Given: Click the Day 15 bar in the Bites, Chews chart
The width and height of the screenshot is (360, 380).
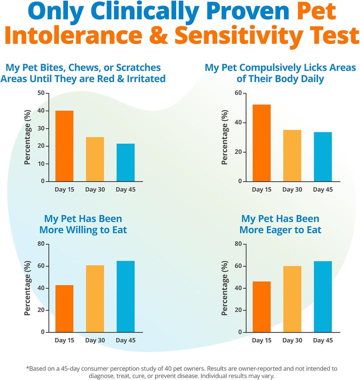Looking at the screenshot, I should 64,146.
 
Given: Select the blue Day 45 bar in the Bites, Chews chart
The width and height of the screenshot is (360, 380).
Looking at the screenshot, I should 125,162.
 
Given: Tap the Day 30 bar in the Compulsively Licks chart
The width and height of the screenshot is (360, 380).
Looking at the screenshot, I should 291,155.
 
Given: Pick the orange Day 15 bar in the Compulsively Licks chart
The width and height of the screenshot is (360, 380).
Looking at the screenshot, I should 261,143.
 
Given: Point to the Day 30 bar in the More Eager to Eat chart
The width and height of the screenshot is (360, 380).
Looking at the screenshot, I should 291,299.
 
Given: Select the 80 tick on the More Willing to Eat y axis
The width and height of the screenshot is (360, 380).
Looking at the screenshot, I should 41,244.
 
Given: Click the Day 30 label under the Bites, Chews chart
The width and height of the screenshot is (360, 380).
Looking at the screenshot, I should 94,189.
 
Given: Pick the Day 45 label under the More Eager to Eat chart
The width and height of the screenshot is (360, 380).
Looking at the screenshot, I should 322,340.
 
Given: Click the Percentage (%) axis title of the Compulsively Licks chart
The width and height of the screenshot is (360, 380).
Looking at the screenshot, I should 225,137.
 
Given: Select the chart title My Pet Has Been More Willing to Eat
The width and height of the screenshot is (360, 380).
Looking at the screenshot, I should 83,224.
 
